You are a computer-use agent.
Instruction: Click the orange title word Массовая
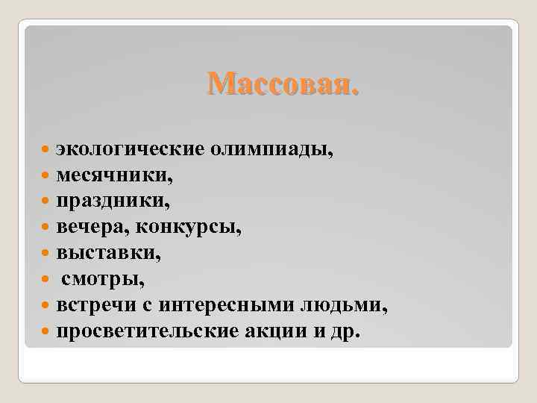283,84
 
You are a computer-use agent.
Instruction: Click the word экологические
131,151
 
